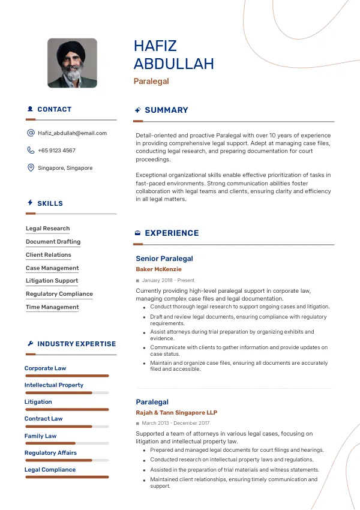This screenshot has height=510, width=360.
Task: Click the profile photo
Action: (72, 63)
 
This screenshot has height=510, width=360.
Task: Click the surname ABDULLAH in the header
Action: (173, 64)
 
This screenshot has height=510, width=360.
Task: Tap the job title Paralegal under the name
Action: (151, 81)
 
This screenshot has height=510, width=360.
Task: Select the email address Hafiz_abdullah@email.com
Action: (72, 133)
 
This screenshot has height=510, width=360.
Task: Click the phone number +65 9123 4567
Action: (56, 151)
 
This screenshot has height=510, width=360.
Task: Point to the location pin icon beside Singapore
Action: (31, 168)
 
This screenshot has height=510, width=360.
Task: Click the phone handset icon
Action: (31, 151)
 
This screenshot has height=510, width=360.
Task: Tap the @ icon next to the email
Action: (31, 133)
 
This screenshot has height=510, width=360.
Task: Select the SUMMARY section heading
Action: (166, 110)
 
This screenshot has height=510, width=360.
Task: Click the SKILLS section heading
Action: (50, 203)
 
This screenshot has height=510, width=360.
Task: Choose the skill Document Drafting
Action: (53, 242)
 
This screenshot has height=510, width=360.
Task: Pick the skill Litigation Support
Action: (52, 281)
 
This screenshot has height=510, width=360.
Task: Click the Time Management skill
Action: (52, 307)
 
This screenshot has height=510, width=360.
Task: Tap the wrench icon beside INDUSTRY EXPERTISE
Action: (30, 344)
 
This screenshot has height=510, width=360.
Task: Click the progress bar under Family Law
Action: (67, 443)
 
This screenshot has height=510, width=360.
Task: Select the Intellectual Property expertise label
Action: (54, 385)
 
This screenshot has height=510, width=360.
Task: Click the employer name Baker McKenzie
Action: (158, 269)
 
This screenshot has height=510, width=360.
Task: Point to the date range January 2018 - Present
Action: (168, 280)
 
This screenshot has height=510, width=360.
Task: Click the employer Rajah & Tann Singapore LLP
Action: (176, 413)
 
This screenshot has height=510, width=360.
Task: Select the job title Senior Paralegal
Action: (164, 259)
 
